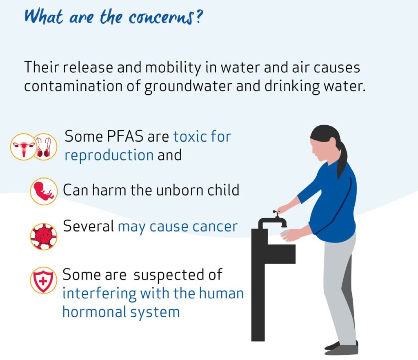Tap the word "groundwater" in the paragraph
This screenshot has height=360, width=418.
tap(188, 87)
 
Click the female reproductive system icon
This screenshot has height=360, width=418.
tap(23, 147)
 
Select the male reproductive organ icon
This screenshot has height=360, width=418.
tap(44, 147)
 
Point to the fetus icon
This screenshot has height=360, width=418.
tap(44, 191)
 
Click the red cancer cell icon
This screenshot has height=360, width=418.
tap(43, 236)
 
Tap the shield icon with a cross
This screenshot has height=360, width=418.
tap(43, 280)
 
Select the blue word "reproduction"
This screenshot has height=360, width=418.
tap(109, 155)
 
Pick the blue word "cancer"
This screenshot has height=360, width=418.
tap(215, 227)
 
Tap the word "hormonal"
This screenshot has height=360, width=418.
tap(94, 312)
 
